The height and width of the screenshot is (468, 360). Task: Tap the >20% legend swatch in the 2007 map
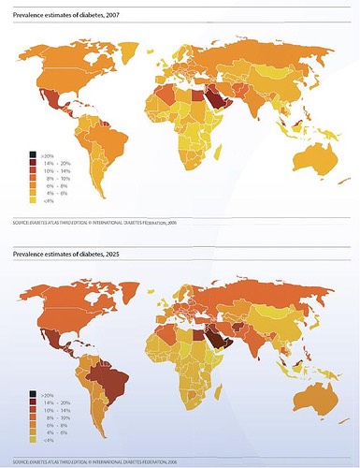coord(35,153)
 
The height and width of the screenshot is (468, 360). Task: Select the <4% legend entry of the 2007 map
coord(35,199)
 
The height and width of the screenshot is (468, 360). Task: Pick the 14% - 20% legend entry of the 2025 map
coord(35,402)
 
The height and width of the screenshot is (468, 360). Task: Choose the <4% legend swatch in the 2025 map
coord(35,440)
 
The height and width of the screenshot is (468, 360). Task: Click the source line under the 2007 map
coord(94,224)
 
